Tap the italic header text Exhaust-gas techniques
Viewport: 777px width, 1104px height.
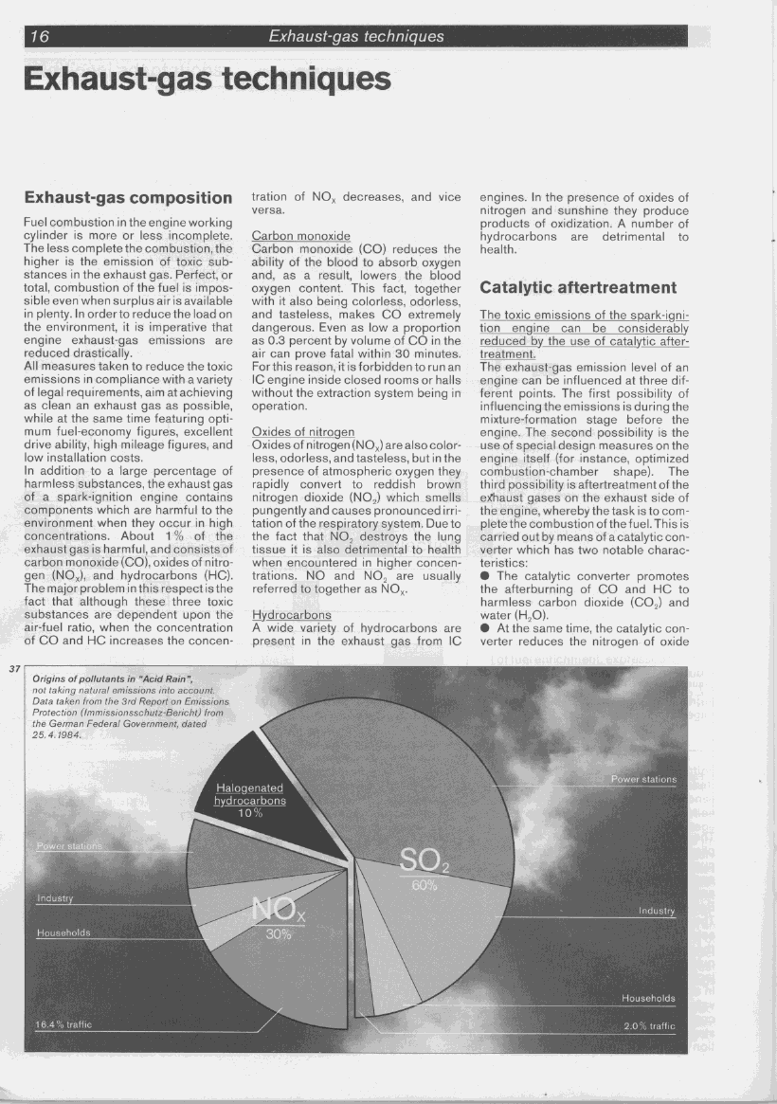(355, 37)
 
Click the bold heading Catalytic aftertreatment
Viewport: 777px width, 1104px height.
(577, 287)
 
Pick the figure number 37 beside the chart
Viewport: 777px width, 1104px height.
(14, 670)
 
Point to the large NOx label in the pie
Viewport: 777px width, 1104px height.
(278, 912)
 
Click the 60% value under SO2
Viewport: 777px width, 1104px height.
(424, 886)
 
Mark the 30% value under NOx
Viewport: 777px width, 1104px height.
(278, 933)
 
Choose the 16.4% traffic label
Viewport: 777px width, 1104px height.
(63, 1024)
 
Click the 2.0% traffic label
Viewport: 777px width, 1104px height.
(649, 1025)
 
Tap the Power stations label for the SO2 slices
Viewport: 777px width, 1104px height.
(643, 779)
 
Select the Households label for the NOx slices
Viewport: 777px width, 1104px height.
(63, 933)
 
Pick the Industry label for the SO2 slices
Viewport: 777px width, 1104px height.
(656, 911)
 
